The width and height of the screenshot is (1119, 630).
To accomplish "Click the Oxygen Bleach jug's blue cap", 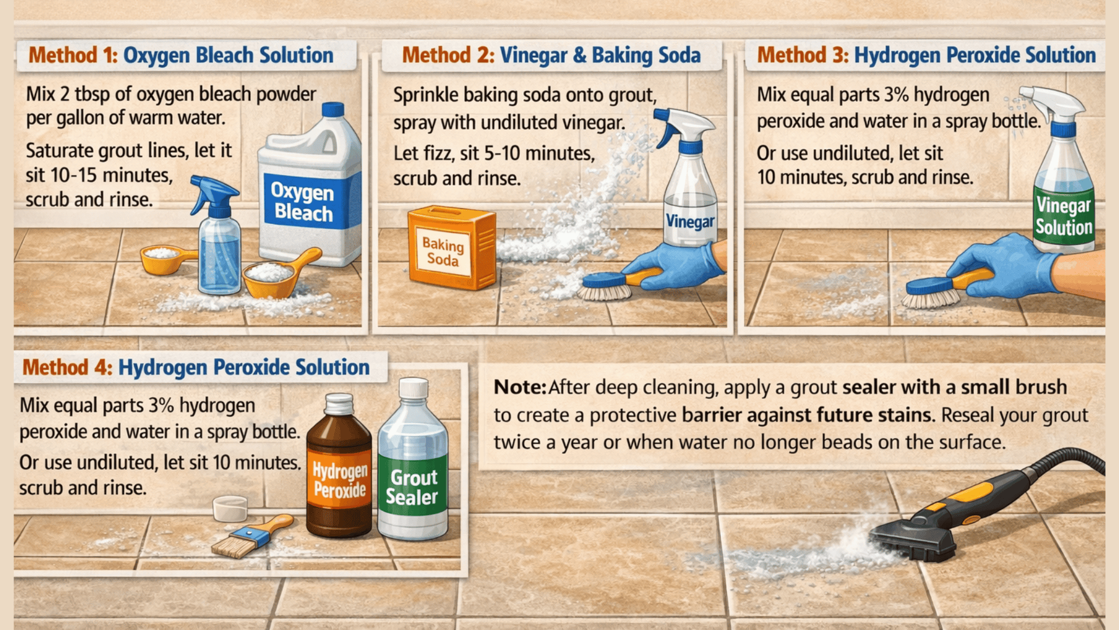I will (333, 109).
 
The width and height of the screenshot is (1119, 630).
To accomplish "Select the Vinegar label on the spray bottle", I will (690, 221).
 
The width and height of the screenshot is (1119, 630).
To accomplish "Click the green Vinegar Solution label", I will (1064, 216).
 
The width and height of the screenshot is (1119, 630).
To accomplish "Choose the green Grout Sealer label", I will (412, 487).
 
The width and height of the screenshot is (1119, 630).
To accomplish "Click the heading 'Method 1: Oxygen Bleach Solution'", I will (181, 55).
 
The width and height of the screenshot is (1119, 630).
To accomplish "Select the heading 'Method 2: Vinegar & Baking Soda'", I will (551, 55).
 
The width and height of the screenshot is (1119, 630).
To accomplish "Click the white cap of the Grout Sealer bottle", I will (413, 388).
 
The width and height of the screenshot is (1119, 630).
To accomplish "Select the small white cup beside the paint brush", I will (230, 508).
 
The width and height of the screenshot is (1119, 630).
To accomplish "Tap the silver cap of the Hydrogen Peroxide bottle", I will (339, 403).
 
